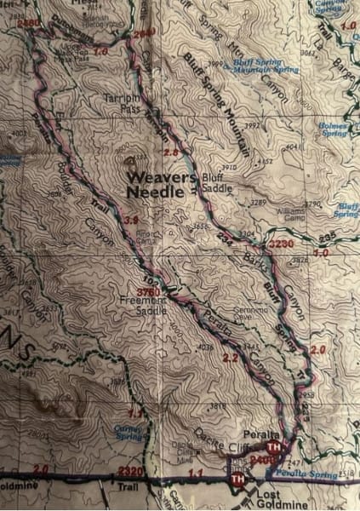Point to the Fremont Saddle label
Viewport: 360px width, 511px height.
coord(141,307)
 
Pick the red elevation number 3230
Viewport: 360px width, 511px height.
coord(280,243)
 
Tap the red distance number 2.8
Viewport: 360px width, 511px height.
coord(171,152)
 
